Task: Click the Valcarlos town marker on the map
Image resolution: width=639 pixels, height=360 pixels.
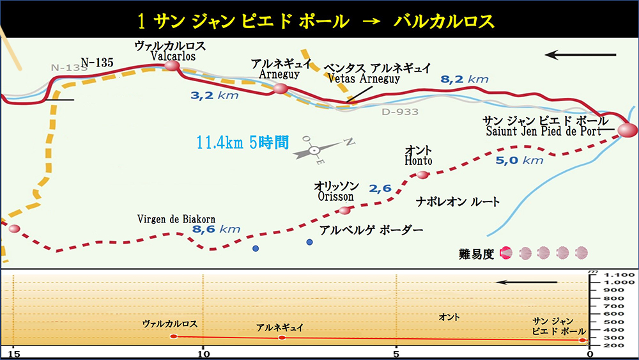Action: [172, 65]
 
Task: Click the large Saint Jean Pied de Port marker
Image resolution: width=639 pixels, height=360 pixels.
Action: [627, 130]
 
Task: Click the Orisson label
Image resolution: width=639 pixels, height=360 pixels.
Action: [335, 197]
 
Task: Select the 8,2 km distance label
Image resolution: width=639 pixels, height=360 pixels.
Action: [465, 79]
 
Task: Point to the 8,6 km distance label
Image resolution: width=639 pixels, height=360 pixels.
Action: [217, 228]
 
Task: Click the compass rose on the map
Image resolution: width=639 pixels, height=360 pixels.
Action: [314, 150]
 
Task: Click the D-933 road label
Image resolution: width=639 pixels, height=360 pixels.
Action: [400, 112]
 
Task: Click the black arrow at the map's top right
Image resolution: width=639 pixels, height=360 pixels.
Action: [580, 55]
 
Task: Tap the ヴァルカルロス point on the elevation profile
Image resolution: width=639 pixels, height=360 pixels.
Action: [174, 336]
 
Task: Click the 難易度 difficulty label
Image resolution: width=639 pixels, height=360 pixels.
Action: [477, 253]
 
